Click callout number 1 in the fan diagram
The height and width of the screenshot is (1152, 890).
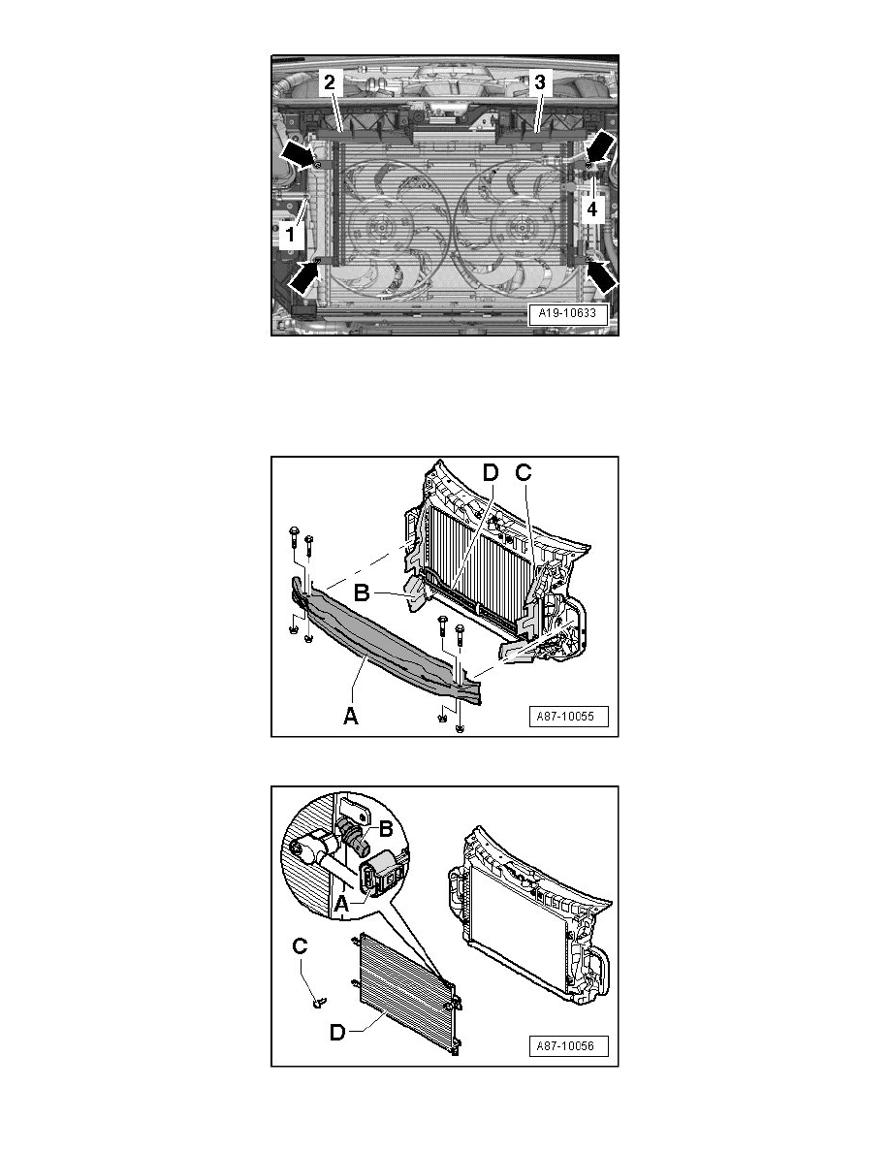click(290, 235)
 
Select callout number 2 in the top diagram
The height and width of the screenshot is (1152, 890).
click(330, 82)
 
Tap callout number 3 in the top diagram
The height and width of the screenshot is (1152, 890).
click(540, 82)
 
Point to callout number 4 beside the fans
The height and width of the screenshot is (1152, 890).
click(591, 209)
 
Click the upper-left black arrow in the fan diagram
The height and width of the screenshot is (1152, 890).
click(299, 153)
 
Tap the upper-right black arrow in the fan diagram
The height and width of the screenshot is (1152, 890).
click(602, 145)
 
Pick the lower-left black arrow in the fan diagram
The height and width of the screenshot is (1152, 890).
click(304, 277)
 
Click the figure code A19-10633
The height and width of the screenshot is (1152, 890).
click(567, 314)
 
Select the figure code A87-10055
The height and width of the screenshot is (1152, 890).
click(567, 716)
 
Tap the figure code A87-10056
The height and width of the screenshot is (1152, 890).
click(567, 1045)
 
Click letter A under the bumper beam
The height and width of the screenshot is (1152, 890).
click(351, 714)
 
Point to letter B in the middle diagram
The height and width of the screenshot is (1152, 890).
click(361, 592)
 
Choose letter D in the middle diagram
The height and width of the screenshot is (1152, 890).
click(491, 472)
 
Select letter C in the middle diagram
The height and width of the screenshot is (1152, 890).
click(523, 472)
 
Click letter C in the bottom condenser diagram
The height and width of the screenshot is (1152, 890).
click(300, 946)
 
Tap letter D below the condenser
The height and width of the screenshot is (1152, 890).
click(337, 1033)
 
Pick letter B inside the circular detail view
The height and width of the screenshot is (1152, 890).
click(386, 829)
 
